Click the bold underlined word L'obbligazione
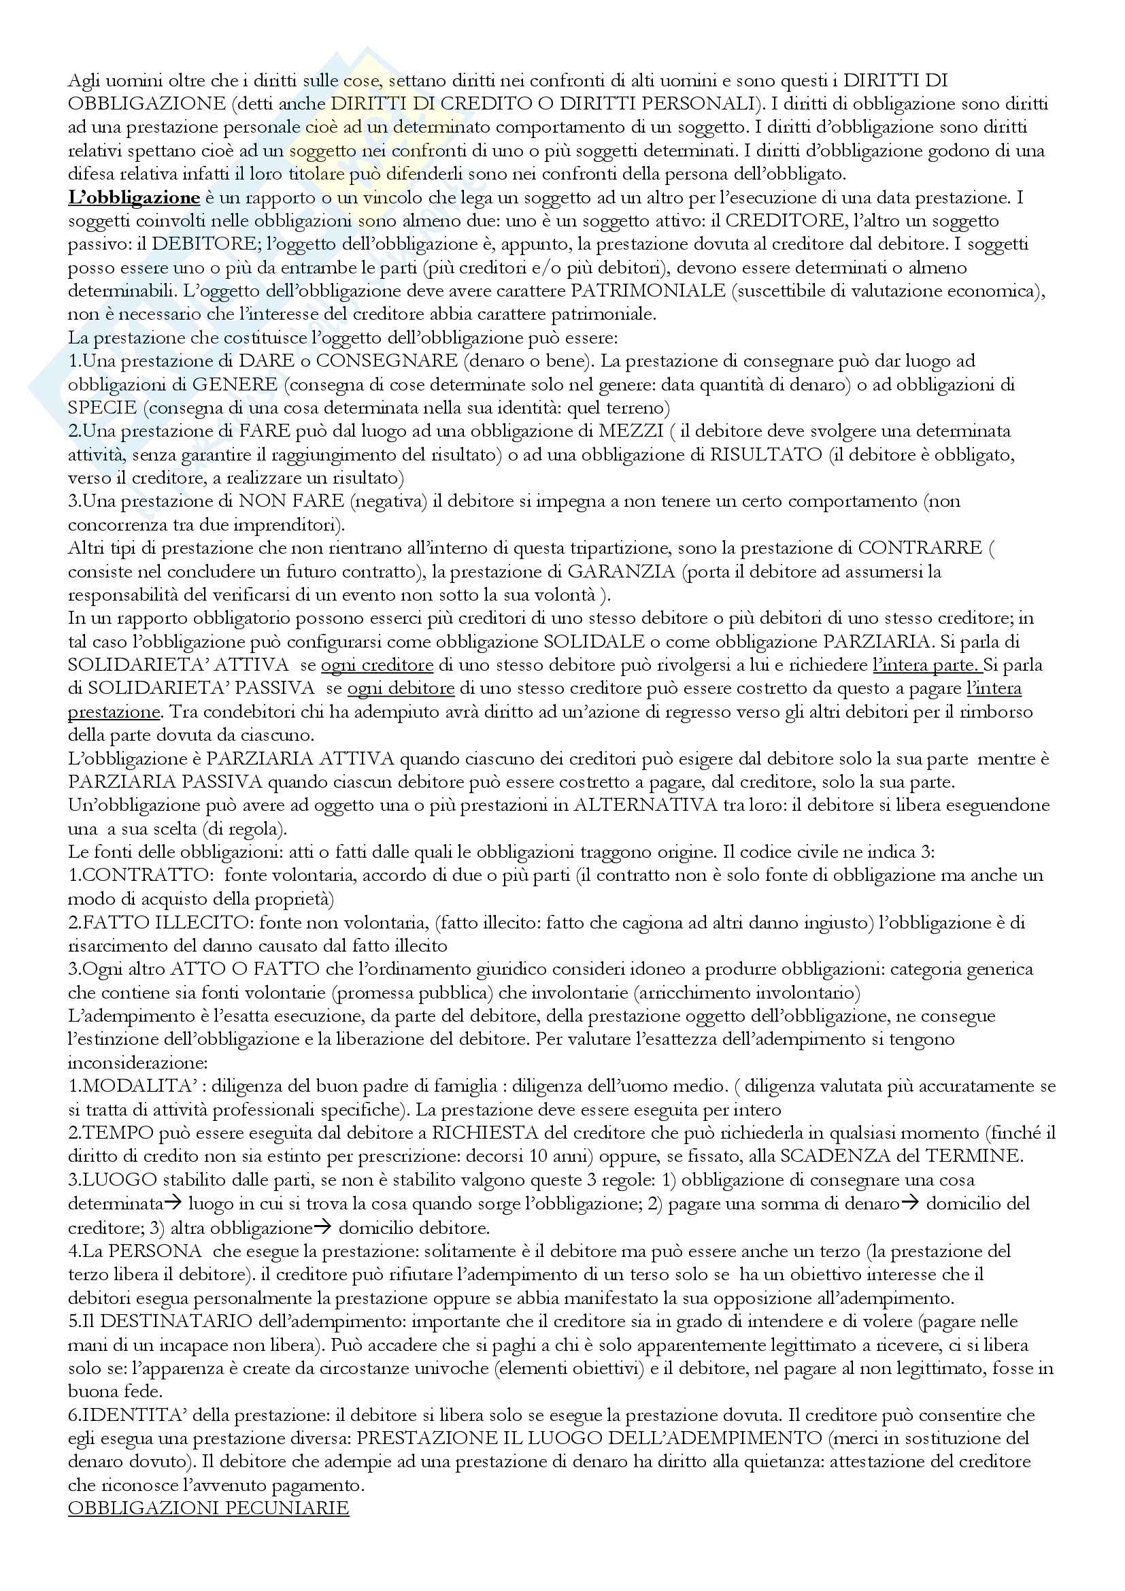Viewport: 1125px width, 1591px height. coord(134,198)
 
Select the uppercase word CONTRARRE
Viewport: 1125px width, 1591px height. coord(920,548)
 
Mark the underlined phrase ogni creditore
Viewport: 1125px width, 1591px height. coord(377,665)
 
